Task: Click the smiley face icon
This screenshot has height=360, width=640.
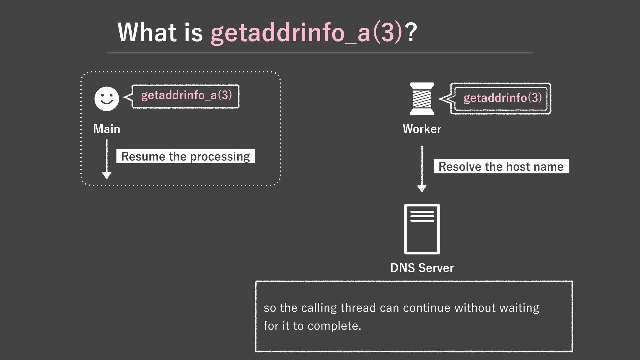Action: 107,99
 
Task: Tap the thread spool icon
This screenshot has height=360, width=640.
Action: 422,99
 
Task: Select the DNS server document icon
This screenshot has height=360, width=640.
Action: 422,229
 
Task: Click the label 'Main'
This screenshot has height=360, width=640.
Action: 107,129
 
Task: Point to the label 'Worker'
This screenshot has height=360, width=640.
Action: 422,129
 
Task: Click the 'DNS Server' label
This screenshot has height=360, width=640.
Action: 422,268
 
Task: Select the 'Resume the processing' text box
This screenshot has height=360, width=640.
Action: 185,156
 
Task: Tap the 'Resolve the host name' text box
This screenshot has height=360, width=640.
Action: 501,166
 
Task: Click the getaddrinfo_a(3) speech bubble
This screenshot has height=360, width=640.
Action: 186,96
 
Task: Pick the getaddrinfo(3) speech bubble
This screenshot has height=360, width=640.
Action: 501,98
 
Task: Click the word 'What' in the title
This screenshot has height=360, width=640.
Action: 147,33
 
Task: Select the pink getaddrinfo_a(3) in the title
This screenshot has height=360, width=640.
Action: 307,33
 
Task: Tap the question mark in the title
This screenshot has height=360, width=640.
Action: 411,33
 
